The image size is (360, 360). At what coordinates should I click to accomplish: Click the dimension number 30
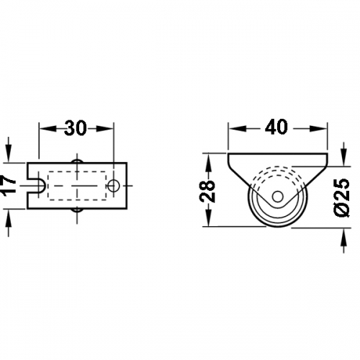point(76,128)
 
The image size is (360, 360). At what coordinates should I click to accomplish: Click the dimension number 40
point(276,127)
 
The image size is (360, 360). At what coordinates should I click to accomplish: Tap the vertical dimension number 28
point(207,191)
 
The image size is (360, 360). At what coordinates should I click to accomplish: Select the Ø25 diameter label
point(342,197)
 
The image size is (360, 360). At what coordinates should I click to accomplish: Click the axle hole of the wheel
point(278,197)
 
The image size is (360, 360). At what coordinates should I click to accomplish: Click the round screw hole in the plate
point(114,185)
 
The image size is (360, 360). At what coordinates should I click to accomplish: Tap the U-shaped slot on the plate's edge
point(37,186)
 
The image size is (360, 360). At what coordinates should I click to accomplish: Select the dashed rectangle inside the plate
point(77,186)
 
